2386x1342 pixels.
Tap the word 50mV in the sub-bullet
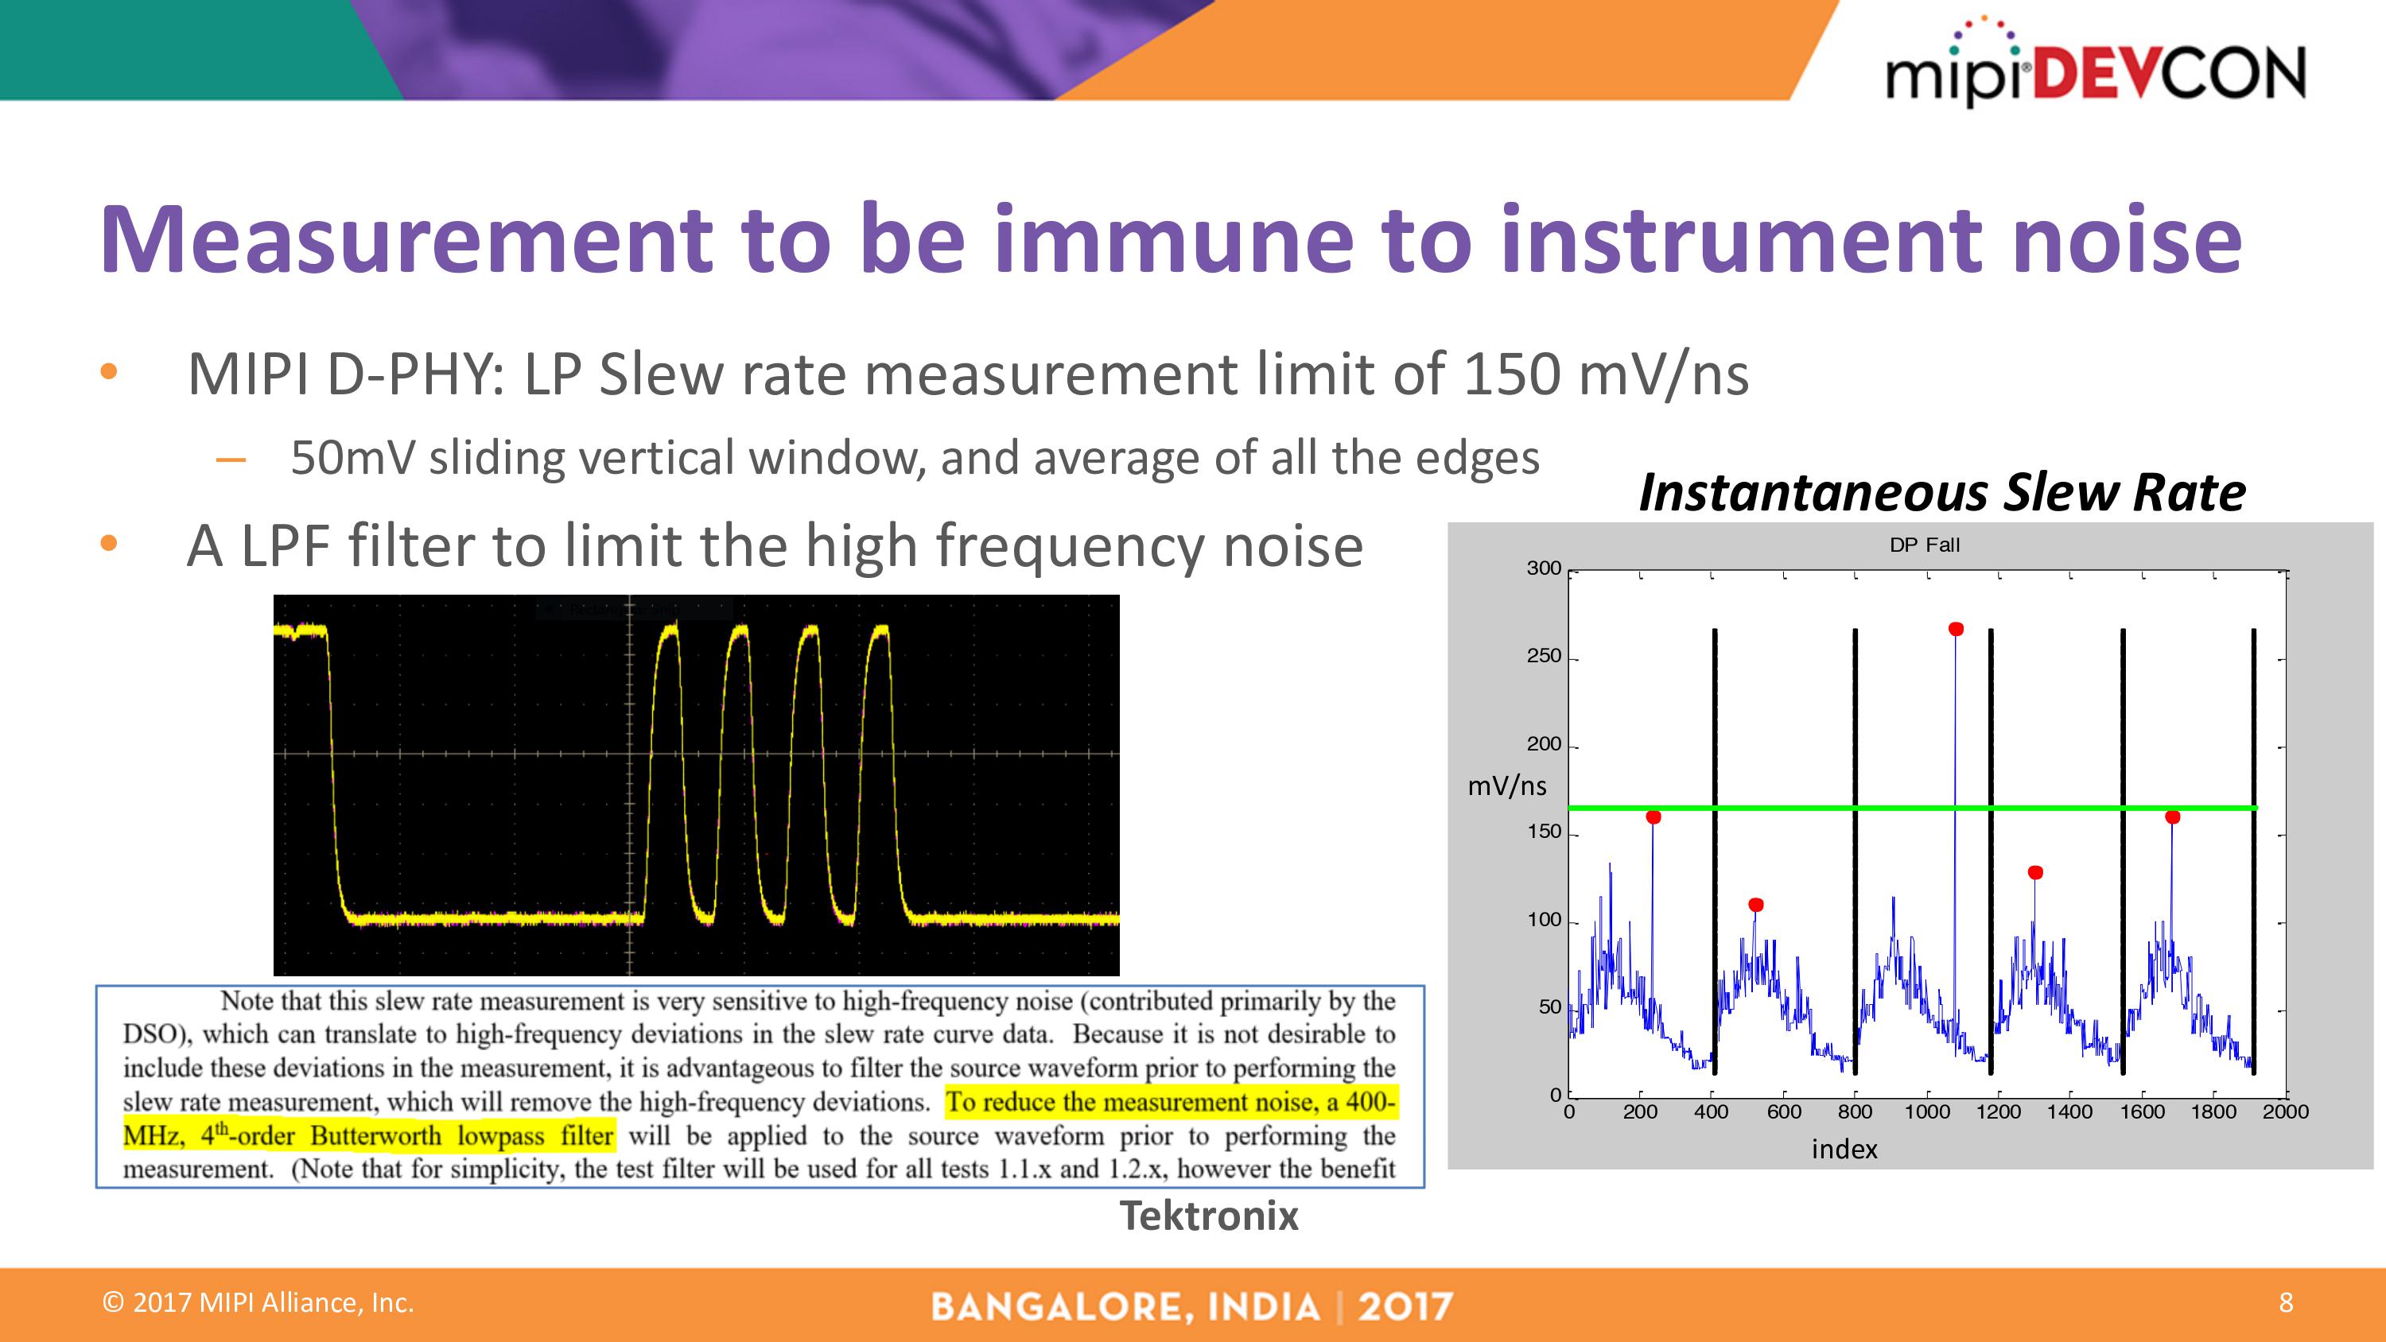click(352, 459)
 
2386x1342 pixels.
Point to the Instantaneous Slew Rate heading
click(1941, 492)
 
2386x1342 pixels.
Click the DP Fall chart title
click(1924, 545)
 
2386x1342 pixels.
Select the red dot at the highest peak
click(1955, 629)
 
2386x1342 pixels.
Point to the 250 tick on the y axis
click(1543, 657)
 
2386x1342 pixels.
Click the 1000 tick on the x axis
click(1926, 1111)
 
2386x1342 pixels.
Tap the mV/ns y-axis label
click(1507, 786)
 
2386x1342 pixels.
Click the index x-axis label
click(1844, 1150)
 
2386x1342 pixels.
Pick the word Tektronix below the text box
click(1209, 1215)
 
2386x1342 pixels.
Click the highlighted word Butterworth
click(375, 1136)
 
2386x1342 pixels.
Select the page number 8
click(2285, 1303)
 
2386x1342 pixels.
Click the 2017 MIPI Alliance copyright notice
click(258, 1303)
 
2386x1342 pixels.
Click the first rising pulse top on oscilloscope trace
click(668, 629)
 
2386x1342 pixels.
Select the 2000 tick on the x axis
click(2284, 1111)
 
